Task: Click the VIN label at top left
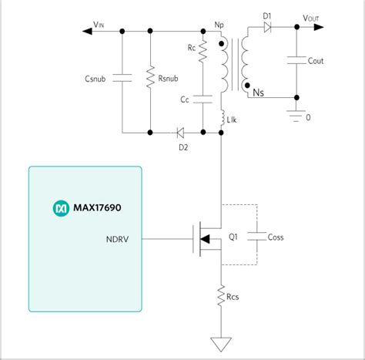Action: (x=99, y=25)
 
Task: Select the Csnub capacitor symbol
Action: (x=122, y=77)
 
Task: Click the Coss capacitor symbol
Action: (x=257, y=237)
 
